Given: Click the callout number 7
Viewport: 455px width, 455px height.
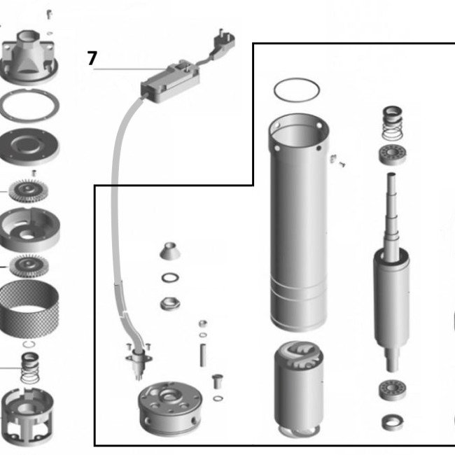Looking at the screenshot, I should [92, 59].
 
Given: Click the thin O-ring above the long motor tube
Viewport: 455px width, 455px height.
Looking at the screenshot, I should [297, 90].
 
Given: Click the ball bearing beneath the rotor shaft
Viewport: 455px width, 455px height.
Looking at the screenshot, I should [392, 391].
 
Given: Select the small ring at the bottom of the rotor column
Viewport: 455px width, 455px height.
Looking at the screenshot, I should [392, 421].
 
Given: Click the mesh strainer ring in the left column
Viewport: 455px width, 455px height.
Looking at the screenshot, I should [29, 309].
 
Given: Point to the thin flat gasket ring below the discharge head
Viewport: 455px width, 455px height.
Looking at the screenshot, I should [29, 106].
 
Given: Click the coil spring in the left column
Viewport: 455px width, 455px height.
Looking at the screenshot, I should [30, 367].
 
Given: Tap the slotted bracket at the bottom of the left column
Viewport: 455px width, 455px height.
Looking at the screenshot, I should [30, 419].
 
